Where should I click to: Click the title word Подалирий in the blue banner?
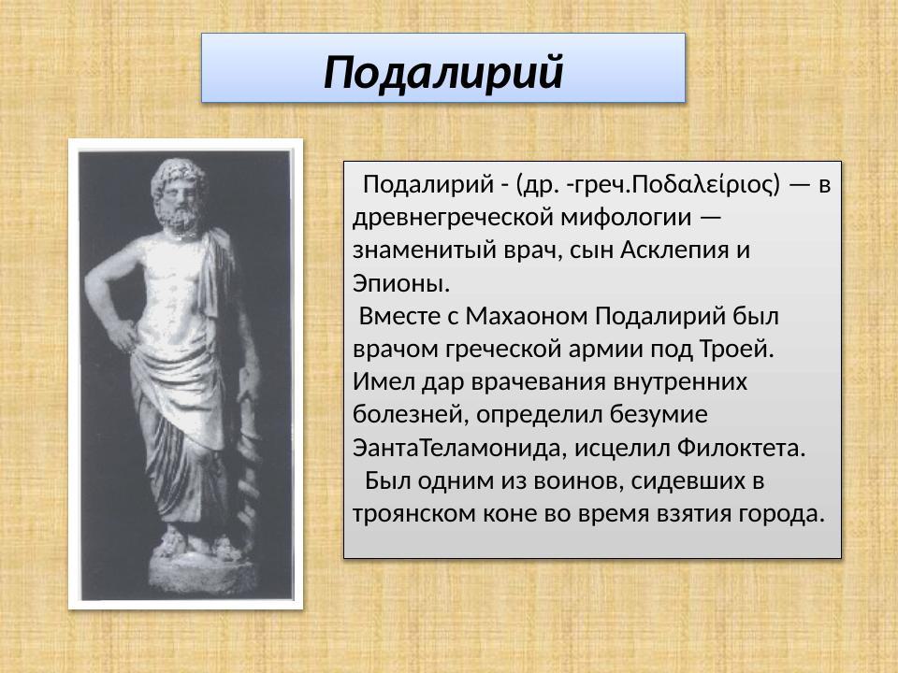click(x=443, y=72)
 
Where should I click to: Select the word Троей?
click(x=736, y=350)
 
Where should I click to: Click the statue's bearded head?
click(x=181, y=194)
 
